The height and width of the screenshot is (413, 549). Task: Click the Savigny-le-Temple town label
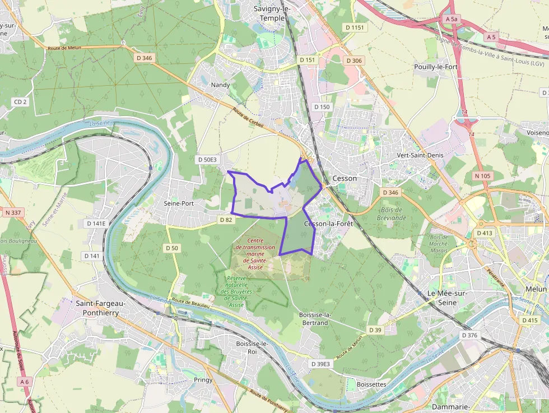pos(272,13)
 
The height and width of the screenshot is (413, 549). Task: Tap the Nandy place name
pos(221,85)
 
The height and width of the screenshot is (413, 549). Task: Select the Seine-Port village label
pos(178,203)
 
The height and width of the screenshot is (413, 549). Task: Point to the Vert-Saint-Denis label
pos(420,155)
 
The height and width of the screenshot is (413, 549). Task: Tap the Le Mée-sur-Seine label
pos(447,298)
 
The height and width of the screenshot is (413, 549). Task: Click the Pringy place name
pos(203,379)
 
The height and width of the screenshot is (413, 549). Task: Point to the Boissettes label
pos(371,384)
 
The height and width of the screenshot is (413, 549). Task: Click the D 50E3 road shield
pos(207,160)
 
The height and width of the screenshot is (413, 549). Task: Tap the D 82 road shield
pos(226,220)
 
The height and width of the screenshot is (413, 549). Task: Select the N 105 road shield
pos(482,176)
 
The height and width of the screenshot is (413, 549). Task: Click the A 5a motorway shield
pos(452,19)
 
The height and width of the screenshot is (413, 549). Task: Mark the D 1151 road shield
pos(355,27)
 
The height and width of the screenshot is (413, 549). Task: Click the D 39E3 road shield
pos(321,364)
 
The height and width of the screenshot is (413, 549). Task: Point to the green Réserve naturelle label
pos(240,289)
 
